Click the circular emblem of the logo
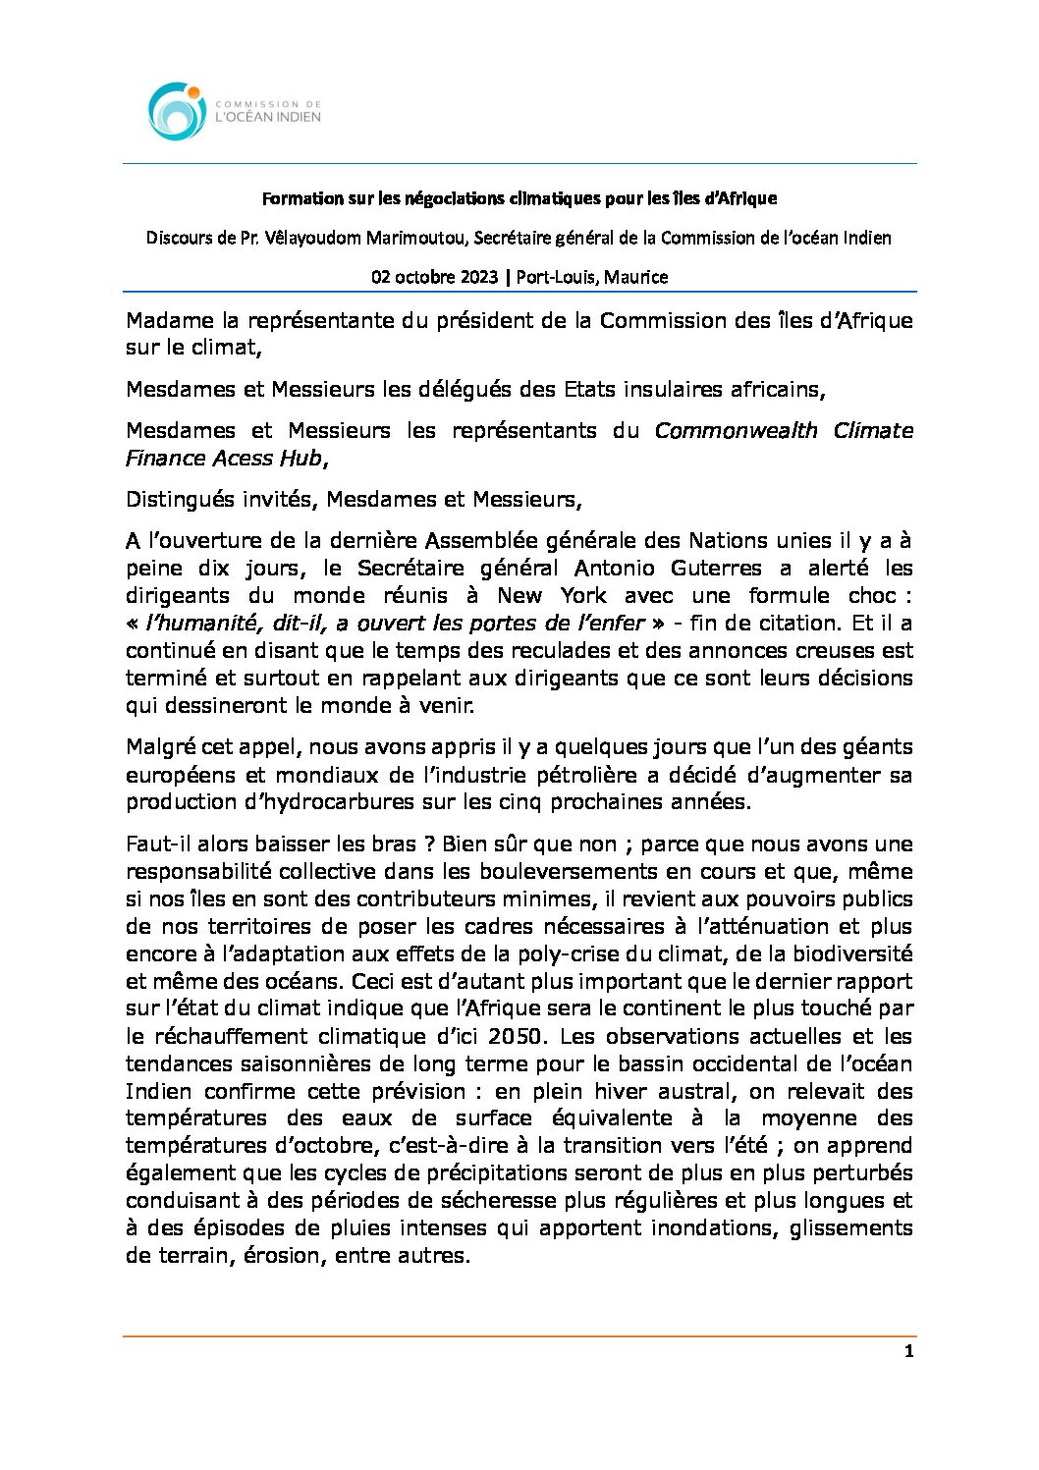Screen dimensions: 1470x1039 [x=177, y=110]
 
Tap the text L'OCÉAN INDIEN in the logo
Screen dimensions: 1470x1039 [x=267, y=117]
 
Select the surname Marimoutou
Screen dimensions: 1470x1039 [x=417, y=238]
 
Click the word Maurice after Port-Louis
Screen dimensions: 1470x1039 [x=635, y=277]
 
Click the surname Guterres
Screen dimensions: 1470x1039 [x=715, y=569]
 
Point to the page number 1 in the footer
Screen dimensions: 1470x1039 [x=908, y=1352]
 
